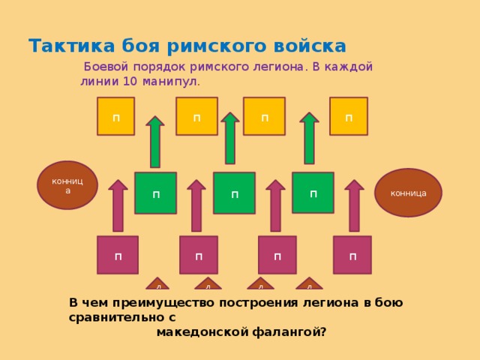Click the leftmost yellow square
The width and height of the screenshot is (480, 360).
tap(115, 116)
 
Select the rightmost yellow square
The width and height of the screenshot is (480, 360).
tap(349, 116)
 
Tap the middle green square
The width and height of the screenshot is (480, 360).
tap(235, 193)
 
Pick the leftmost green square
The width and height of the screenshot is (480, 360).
tap(156, 193)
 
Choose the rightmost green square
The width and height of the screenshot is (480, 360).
tap(313, 193)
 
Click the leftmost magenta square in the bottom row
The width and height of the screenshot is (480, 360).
tap(118, 255)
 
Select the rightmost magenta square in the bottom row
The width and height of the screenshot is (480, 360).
tap(352, 255)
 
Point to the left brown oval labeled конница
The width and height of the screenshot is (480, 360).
tap(67, 185)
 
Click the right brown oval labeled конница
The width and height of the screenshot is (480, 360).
tap(408, 193)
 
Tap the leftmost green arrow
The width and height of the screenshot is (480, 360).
tap(155, 142)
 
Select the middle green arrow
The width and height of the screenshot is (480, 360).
tap(230, 138)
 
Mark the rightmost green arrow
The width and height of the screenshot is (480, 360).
tap(309, 138)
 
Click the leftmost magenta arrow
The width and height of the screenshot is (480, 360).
tap(118, 205)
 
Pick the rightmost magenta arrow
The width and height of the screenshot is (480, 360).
tap(354, 205)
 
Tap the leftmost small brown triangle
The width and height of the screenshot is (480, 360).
tap(157, 283)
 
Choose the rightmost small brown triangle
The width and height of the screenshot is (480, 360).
tap(309, 283)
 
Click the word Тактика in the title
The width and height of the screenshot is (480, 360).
tap(72, 46)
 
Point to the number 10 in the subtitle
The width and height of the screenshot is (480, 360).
tap(130, 82)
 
